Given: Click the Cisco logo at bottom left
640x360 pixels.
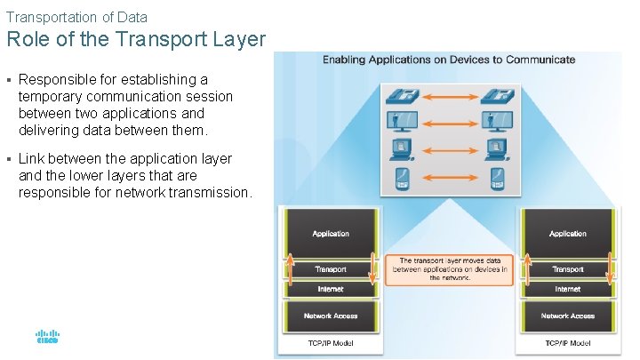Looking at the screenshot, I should tap(47, 338).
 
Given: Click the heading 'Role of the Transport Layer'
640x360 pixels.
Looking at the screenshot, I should tap(136, 39).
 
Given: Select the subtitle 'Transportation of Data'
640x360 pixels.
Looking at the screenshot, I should tap(76, 16).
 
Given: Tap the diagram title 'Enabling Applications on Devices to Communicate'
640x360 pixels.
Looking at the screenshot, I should tap(448, 60).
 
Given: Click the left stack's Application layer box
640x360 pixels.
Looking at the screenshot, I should tap(331, 233).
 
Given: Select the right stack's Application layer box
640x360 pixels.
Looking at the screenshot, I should tap(567, 233).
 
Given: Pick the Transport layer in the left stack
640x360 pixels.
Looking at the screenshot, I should tap(331, 268).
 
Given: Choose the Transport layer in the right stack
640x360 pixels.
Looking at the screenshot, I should tap(567, 268).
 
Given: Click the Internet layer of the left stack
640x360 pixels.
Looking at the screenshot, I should tap(331, 289).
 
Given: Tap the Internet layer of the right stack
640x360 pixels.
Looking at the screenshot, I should tap(567, 289).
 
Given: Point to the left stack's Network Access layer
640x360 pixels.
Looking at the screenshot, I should tap(331, 316).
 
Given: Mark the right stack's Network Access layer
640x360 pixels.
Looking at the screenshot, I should tap(567, 316).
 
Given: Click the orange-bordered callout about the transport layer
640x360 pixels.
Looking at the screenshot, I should tap(453, 269).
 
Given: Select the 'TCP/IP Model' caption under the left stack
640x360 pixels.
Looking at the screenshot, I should tap(331, 343).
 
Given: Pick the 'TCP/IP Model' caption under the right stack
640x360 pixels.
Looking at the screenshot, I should tap(567, 343).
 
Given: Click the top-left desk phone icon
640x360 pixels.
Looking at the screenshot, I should tap(396, 97).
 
